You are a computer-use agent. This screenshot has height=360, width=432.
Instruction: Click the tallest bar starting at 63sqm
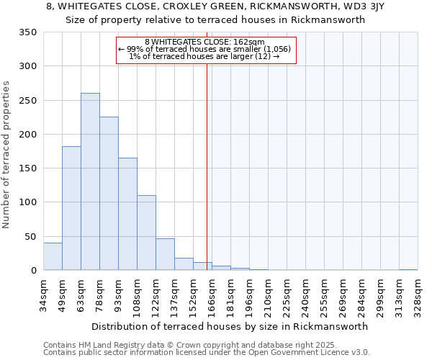(90, 181)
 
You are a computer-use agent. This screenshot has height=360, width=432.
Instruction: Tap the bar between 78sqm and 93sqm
(109, 194)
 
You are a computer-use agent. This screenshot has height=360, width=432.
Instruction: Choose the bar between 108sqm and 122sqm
(146, 233)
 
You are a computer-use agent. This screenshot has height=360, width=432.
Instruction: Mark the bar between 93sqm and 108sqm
(127, 214)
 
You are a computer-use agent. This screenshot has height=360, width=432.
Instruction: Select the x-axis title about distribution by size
(230, 326)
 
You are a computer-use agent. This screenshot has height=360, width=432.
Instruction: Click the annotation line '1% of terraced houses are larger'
(204, 56)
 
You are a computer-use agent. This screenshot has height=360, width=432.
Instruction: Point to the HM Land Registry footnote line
(185, 345)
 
